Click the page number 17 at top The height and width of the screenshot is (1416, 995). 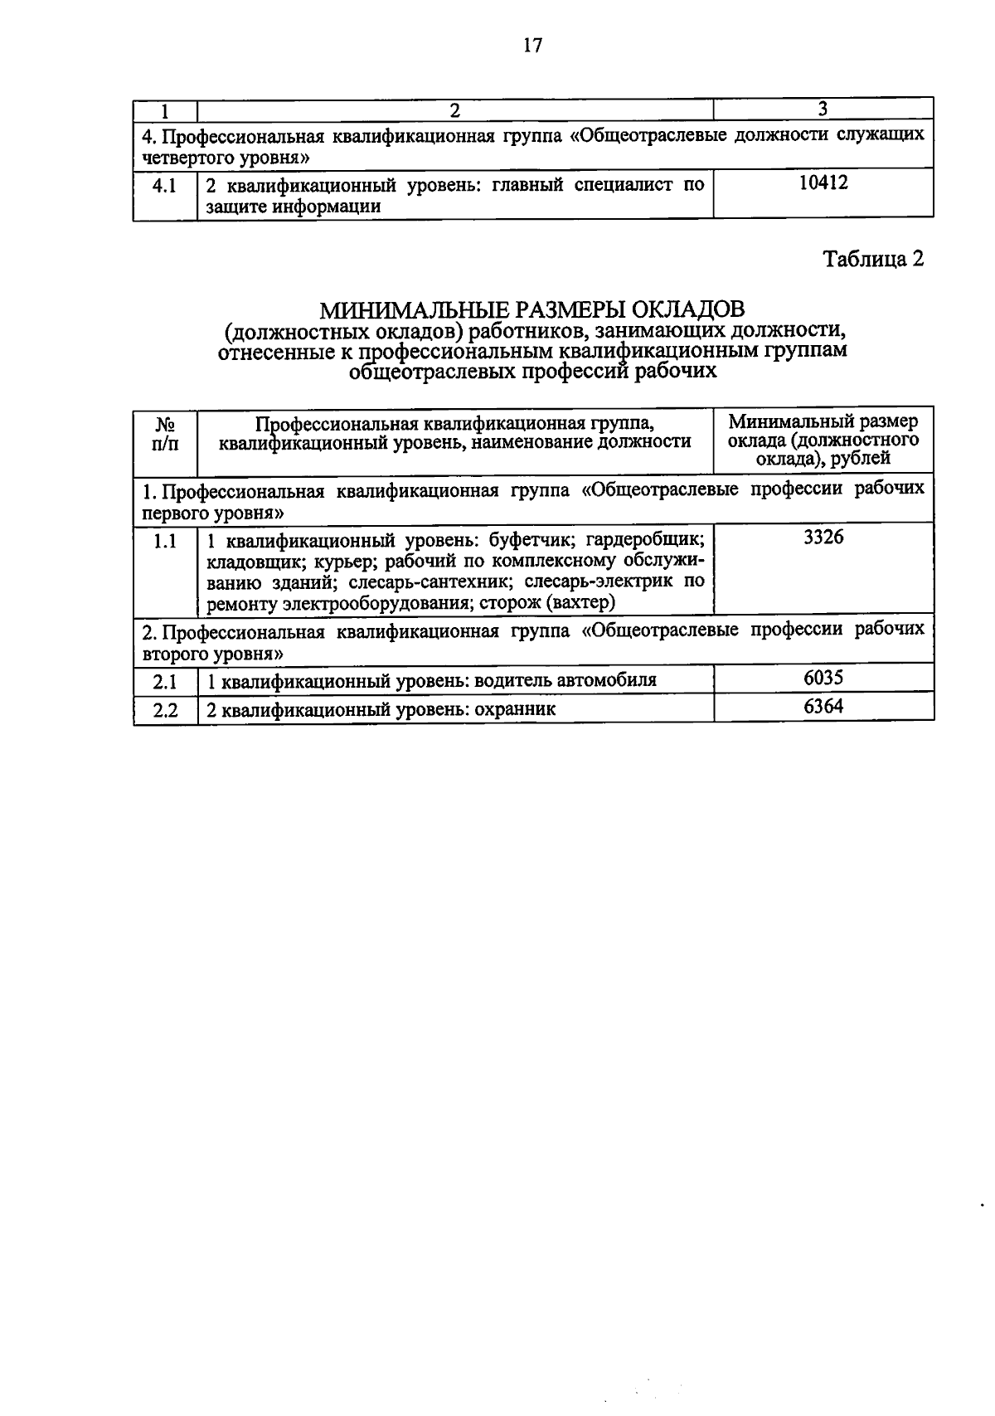pos(532,46)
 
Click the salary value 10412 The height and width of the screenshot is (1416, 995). pos(823,183)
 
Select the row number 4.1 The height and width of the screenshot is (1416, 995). pos(164,186)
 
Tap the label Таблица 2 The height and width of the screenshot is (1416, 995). pos(872,259)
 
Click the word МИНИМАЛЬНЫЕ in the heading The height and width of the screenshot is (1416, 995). pos(415,309)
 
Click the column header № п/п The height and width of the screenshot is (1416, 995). pos(165,433)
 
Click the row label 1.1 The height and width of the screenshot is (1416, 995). pos(165,542)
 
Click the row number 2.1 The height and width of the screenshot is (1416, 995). pos(165,682)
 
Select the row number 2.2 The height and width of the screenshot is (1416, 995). pos(165,711)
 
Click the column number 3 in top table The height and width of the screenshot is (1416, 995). pos(823,109)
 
